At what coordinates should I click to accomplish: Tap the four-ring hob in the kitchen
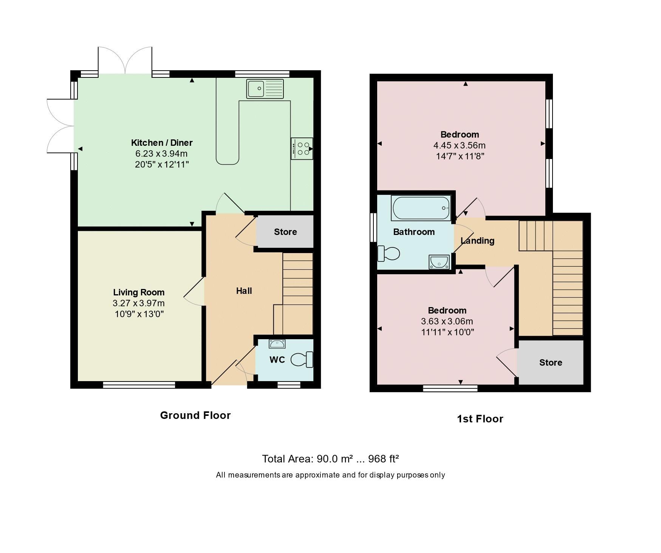coord(302,148)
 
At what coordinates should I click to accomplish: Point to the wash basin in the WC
coord(277,344)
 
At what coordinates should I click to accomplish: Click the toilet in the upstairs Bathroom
coord(389,253)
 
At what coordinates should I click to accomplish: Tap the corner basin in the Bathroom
coord(439,262)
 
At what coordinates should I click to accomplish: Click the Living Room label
coord(139,292)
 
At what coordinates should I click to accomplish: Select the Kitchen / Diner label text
coord(162,143)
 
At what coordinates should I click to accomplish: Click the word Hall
coord(244,291)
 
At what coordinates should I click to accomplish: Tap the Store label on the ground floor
coord(285,232)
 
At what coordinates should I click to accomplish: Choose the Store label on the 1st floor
coord(550,363)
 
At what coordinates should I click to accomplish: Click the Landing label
coord(477,241)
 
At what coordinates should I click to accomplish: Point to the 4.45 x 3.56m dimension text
coord(459,145)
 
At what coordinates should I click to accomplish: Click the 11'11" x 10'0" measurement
coord(447,332)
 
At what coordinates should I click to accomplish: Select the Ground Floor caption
coord(195,415)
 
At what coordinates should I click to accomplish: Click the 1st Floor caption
coord(480,419)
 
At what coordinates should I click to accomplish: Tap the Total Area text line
coord(330,459)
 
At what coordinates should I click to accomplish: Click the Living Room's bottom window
coord(139,385)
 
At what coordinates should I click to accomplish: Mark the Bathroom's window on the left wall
coord(373,227)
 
